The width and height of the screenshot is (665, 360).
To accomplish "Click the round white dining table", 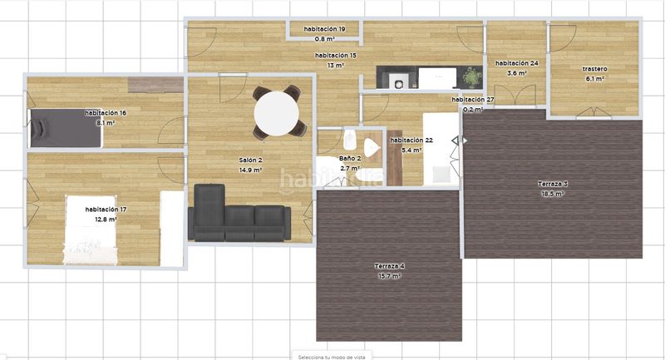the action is click(x=276, y=114).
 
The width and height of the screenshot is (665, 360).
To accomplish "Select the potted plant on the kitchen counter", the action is click(x=472, y=77).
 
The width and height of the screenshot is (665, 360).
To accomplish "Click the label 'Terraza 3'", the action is click(x=553, y=184).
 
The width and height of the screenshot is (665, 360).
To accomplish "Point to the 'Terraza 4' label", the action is click(x=389, y=266).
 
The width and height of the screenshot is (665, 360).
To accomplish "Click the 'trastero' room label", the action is click(x=594, y=69).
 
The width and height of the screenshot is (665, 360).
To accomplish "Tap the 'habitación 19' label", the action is click(x=324, y=29).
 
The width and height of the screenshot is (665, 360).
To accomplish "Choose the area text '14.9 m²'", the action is click(x=250, y=170).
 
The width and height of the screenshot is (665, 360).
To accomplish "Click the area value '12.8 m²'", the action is click(x=106, y=219).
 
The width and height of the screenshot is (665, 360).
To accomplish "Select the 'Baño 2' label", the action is click(x=350, y=159).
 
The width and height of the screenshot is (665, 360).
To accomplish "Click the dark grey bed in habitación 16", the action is click(x=66, y=128).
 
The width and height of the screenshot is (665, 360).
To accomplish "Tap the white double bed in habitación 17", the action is click(x=90, y=229).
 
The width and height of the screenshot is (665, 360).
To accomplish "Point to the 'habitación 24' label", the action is click(x=517, y=63).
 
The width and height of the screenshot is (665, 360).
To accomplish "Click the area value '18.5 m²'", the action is click(x=553, y=194).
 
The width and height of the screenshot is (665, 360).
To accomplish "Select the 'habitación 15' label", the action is click(x=336, y=56).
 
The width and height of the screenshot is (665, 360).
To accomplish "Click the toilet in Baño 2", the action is click(x=349, y=139).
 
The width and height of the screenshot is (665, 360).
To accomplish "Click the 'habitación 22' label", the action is click(x=411, y=140).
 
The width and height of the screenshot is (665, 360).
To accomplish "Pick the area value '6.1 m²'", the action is click(x=594, y=78).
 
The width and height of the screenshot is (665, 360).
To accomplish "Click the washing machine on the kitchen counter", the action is click(x=399, y=82).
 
